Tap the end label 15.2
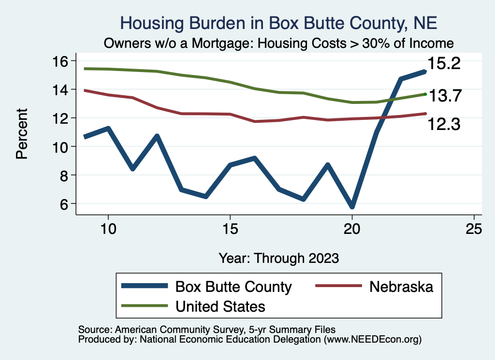(x=443, y=63)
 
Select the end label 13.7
(x=445, y=96)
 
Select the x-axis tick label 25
(x=474, y=229)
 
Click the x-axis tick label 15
(x=230, y=229)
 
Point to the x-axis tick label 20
(x=352, y=229)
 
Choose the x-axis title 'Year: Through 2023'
(x=278, y=258)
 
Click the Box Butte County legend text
(x=233, y=287)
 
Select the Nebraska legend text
(x=401, y=287)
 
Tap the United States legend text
(x=220, y=306)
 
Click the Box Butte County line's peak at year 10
(x=108, y=129)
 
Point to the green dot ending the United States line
(x=425, y=94)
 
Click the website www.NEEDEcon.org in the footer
(x=372, y=340)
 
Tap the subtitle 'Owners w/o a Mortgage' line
(x=278, y=43)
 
